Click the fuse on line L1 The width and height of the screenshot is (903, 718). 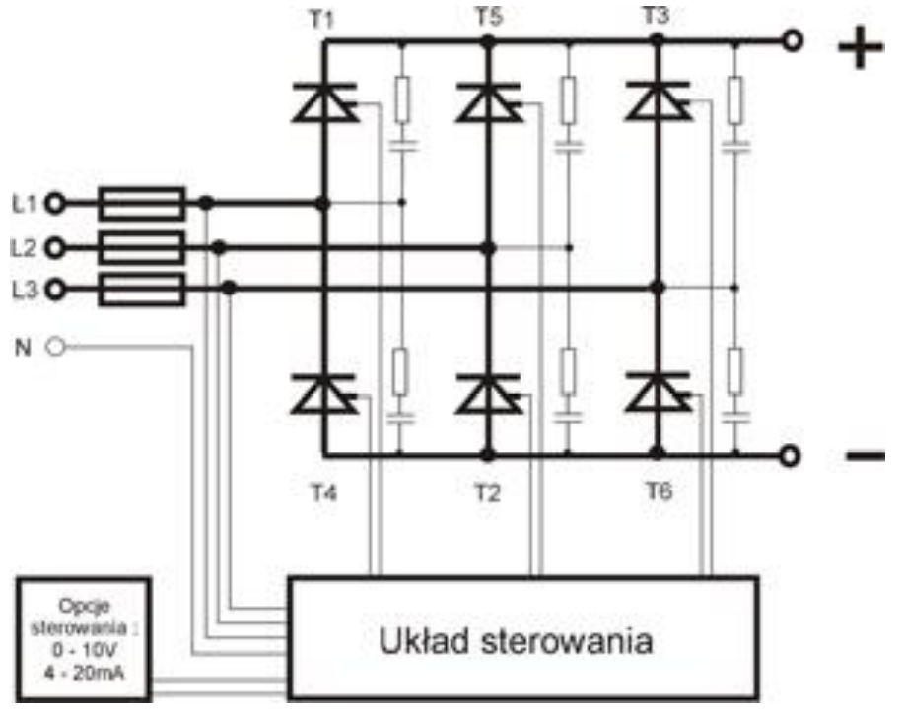143,204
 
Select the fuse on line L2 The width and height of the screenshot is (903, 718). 143,245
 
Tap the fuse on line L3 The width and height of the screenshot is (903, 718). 143,288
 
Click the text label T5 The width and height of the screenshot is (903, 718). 487,16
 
